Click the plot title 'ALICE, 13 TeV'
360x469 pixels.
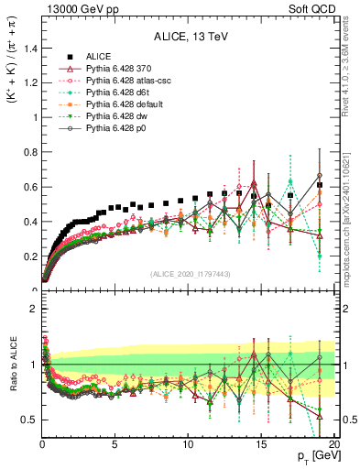(184, 38)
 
